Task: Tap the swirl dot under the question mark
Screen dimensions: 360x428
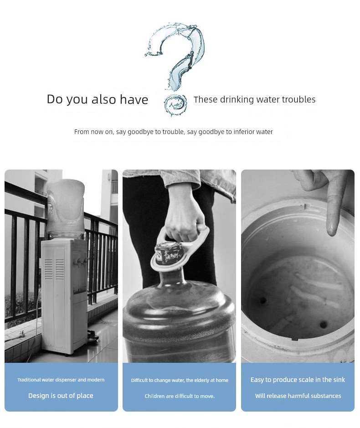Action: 175,105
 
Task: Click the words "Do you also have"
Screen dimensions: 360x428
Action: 98,99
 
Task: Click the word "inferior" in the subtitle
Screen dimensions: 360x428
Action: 244,132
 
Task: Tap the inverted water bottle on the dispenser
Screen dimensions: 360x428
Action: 65,209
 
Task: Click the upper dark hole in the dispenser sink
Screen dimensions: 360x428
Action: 263,301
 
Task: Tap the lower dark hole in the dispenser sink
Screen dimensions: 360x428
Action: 323,325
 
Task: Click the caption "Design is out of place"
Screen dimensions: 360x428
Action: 61,396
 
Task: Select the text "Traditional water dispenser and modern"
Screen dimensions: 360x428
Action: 61,380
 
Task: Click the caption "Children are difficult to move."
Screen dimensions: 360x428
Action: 180,396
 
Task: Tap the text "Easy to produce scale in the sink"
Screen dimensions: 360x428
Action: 298,380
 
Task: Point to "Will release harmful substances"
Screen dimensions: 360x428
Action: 298,396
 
